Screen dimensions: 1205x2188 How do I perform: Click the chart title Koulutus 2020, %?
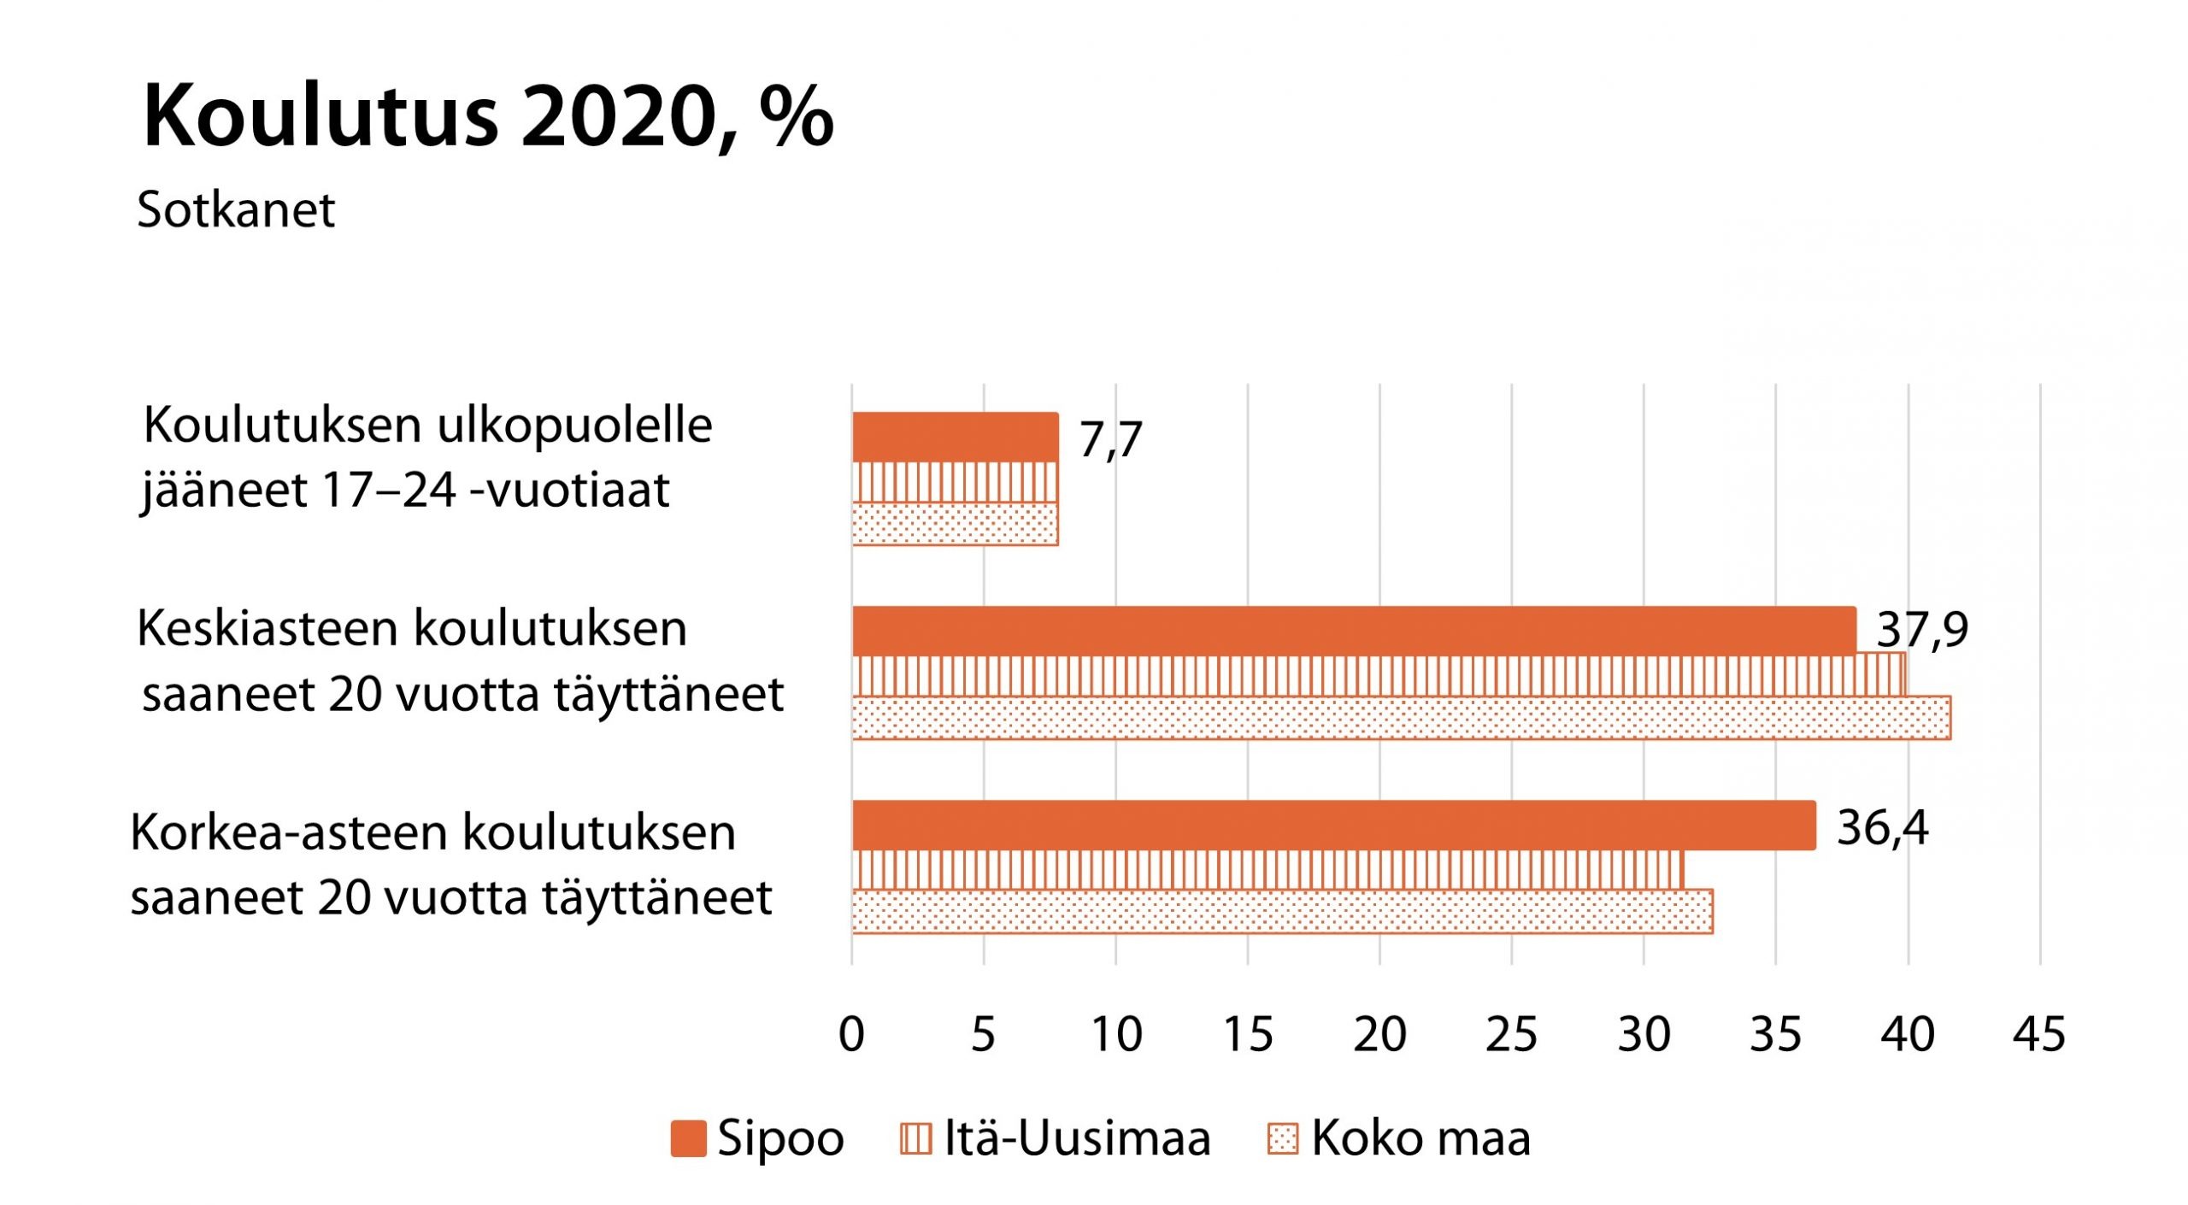pyautogui.click(x=487, y=117)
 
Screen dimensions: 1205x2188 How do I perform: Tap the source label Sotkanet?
pyautogui.click(x=236, y=210)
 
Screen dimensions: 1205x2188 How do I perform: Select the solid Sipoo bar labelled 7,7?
pyautogui.click(x=955, y=437)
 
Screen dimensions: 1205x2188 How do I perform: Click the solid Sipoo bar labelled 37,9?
pyautogui.click(x=1354, y=631)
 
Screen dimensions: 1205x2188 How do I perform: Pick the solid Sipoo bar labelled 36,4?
pyautogui.click(x=1333, y=825)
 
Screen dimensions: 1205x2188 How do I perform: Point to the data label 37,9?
pyautogui.click(x=1921, y=631)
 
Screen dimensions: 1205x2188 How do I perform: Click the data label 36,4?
pyautogui.click(x=1882, y=828)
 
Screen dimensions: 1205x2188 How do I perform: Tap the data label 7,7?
pyautogui.click(x=1110, y=440)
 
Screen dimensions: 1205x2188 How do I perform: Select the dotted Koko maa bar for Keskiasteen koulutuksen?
pyautogui.click(x=1401, y=718)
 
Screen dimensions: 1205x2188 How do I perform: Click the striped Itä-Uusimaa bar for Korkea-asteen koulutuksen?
pyautogui.click(x=1268, y=870)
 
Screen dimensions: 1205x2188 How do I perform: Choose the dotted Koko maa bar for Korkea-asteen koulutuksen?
pyautogui.click(x=1282, y=911)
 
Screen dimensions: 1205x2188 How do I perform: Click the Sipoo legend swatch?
pyautogui.click(x=688, y=1138)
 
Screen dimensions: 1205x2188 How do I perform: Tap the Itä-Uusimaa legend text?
pyautogui.click(x=1077, y=1138)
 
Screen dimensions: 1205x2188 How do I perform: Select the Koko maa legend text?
pyautogui.click(x=1420, y=1138)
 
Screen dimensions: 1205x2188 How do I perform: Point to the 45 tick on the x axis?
pyautogui.click(x=2039, y=1035)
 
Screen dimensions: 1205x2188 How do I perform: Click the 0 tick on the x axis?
pyautogui.click(x=851, y=1035)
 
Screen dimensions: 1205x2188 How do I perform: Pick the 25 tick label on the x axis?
pyautogui.click(x=1511, y=1035)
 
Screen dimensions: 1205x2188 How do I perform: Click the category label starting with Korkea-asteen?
pyautogui.click(x=450, y=865)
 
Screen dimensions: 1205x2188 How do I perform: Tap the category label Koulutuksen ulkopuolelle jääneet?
pyautogui.click(x=427, y=457)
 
